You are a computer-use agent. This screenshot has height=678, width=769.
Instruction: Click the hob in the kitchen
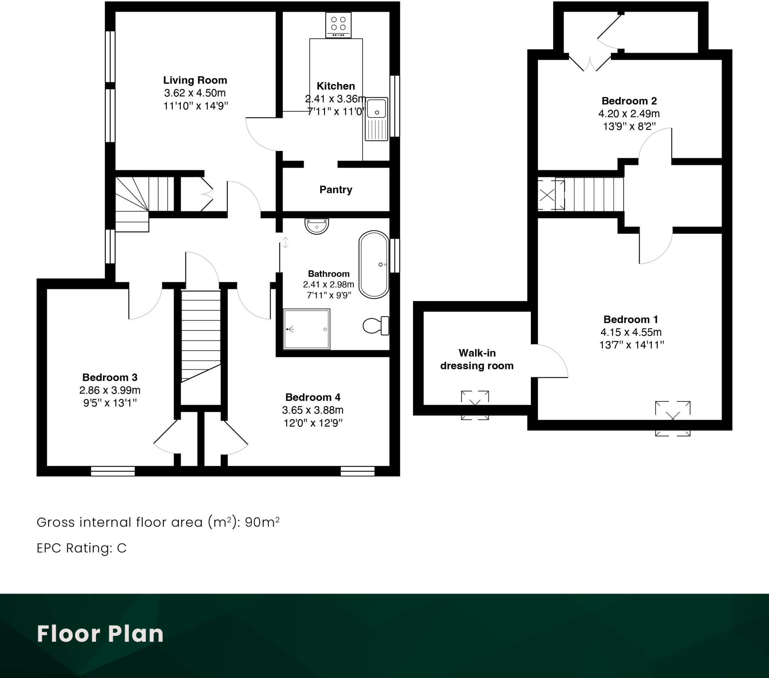(338, 25)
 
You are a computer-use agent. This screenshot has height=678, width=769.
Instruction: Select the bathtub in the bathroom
(374, 265)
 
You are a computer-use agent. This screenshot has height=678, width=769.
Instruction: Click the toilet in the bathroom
(375, 325)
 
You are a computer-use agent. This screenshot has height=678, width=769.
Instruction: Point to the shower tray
(306, 329)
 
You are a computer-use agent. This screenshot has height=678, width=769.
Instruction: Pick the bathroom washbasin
(317, 226)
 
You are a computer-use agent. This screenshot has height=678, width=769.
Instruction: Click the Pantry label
(336, 190)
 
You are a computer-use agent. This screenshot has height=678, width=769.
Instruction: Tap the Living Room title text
(195, 80)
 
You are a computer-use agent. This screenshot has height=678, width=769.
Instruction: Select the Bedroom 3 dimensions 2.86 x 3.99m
(110, 390)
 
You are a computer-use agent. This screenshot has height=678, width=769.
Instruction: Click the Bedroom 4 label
(313, 397)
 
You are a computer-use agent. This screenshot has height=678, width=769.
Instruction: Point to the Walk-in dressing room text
(476, 359)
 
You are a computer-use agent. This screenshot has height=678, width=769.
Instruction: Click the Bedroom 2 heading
(629, 101)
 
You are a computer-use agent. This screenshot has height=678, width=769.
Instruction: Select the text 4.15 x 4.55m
(631, 332)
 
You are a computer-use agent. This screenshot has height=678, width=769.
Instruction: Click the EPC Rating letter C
(122, 548)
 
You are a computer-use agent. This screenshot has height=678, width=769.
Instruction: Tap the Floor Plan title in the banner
(100, 634)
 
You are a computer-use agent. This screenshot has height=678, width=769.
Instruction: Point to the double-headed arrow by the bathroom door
(285, 243)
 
